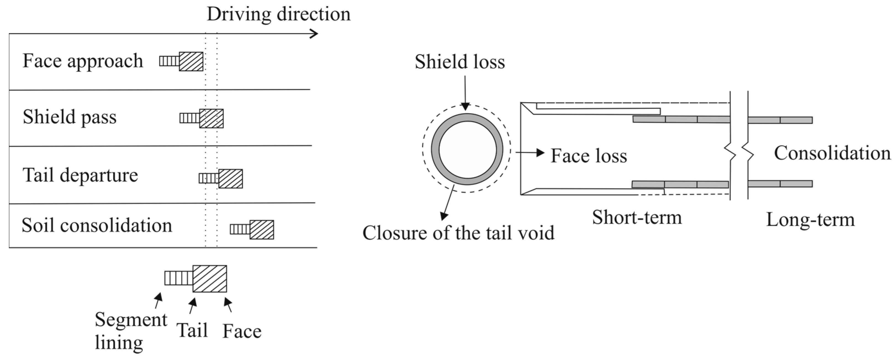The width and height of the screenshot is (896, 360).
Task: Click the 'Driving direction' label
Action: coord(278,15)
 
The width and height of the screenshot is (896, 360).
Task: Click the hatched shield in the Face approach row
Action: coord(191,62)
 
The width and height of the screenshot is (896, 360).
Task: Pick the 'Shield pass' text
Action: coord(70,117)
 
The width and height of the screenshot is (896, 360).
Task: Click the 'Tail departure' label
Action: coord(80,175)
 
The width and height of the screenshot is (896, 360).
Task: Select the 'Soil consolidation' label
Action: coord(97,225)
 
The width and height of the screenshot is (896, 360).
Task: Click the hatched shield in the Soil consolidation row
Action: coord(261,230)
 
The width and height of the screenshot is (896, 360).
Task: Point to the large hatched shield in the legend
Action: coord(210,279)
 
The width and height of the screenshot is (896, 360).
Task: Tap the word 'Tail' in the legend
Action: coord(192,330)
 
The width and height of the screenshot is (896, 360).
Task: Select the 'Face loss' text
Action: coord(588,156)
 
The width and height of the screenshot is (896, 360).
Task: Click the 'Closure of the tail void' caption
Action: coord(458,233)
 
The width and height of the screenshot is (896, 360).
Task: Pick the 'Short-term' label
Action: coord(637,218)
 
